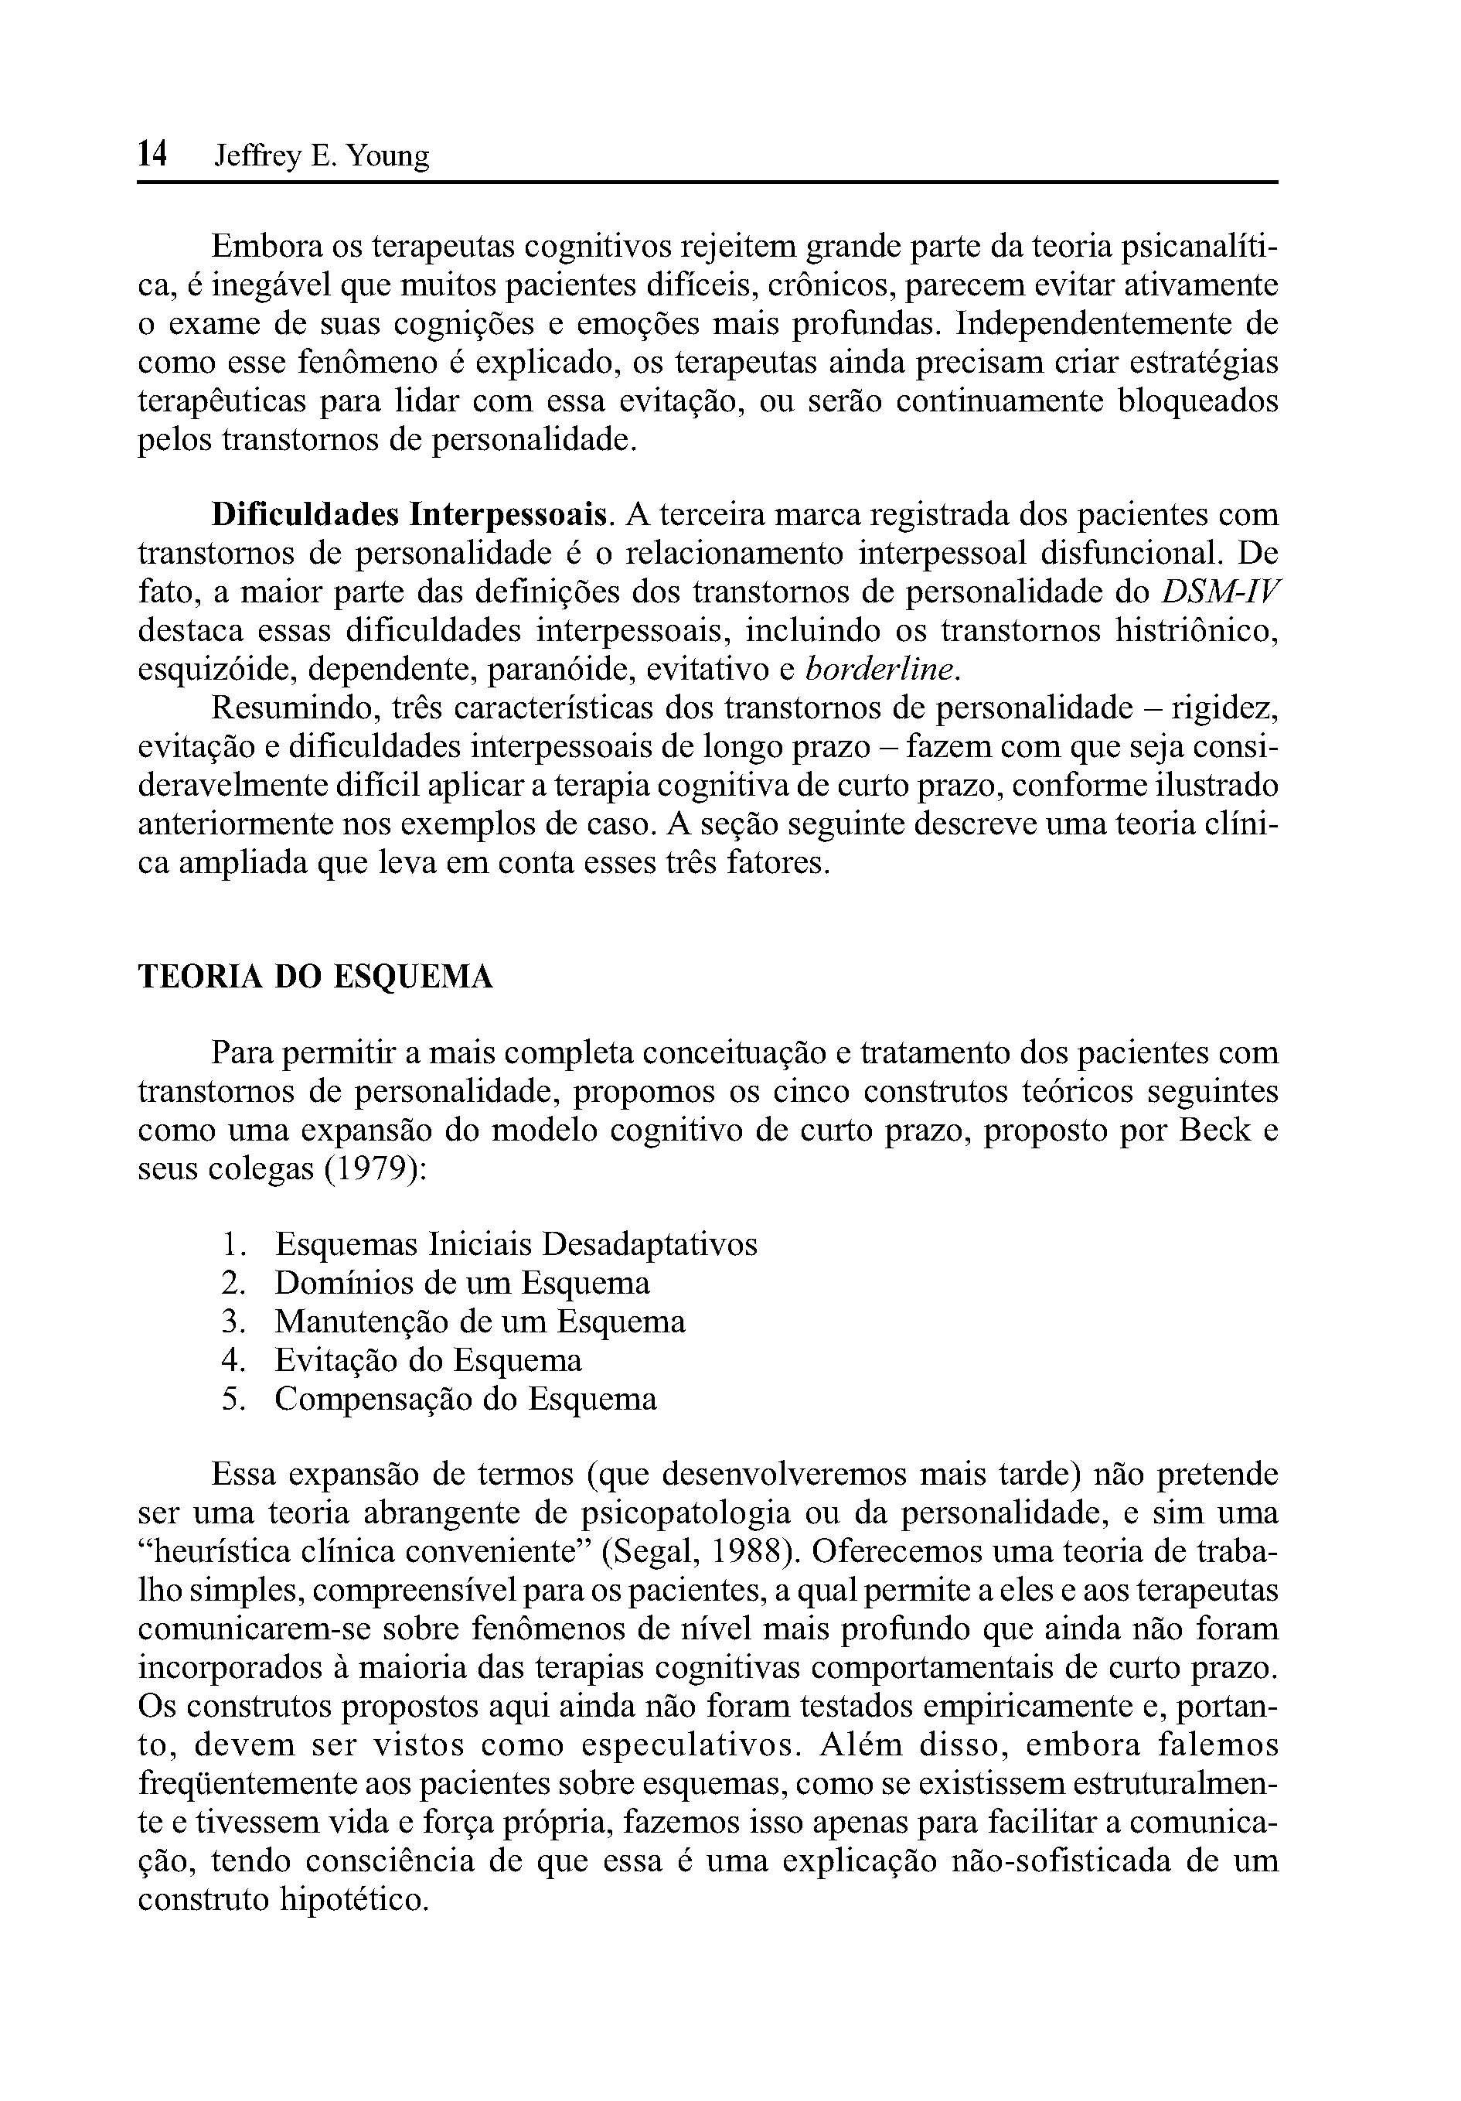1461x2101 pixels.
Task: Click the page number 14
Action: (152, 155)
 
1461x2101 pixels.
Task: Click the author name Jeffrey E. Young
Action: (321, 158)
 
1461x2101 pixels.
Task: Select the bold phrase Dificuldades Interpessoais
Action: (409, 515)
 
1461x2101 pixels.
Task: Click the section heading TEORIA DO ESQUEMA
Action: (315, 977)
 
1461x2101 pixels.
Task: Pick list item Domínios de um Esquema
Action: (462, 1283)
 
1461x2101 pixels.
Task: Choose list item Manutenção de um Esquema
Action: (479, 1322)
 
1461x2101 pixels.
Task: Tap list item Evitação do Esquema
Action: (428, 1361)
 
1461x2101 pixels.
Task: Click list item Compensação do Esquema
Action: (465, 1399)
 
